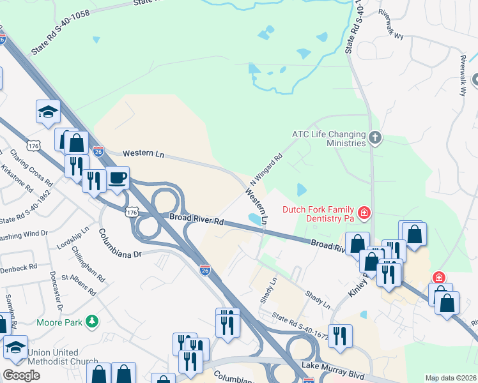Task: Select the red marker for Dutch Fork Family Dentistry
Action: click(x=364, y=212)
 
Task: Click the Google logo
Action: click(x=21, y=375)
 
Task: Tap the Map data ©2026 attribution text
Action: click(x=451, y=378)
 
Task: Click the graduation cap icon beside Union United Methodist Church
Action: click(x=15, y=347)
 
